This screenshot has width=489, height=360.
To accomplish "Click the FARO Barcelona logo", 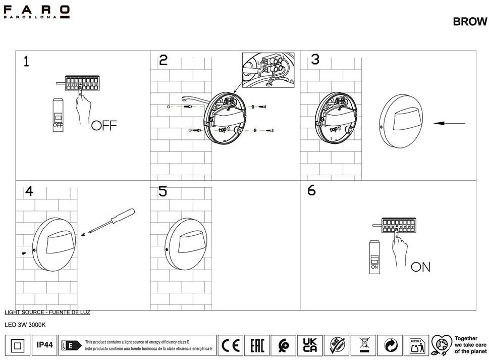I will pyautogui.click(x=37, y=12).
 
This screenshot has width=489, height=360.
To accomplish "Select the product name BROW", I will pyautogui.click(x=470, y=22).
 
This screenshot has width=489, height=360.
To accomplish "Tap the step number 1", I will pyautogui.click(x=26, y=62).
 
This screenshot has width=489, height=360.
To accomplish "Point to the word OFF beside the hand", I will pyautogui.click(x=103, y=125).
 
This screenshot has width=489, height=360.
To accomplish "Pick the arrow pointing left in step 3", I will pyautogui.click(x=449, y=123).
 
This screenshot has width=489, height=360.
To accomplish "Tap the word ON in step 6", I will pyautogui.click(x=420, y=267).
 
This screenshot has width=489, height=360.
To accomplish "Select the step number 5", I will pyautogui.click(x=162, y=191).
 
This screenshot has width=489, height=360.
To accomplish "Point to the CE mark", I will pyautogui.click(x=231, y=345).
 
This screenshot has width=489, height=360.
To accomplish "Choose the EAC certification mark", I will pyautogui.click(x=257, y=345).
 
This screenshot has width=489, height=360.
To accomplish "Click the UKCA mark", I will pyautogui.click(x=310, y=345).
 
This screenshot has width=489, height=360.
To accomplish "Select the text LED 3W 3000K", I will pyautogui.click(x=25, y=325).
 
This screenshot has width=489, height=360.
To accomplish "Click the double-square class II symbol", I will pyautogui.click(x=17, y=345).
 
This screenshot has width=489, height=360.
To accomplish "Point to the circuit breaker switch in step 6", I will pyautogui.click(x=374, y=257).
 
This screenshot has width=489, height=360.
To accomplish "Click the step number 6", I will pyautogui.click(x=311, y=190).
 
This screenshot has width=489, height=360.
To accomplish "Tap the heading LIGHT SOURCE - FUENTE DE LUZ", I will pyautogui.click(x=47, y=313).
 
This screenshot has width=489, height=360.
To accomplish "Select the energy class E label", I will pyautogui.click(x=71, y=345).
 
